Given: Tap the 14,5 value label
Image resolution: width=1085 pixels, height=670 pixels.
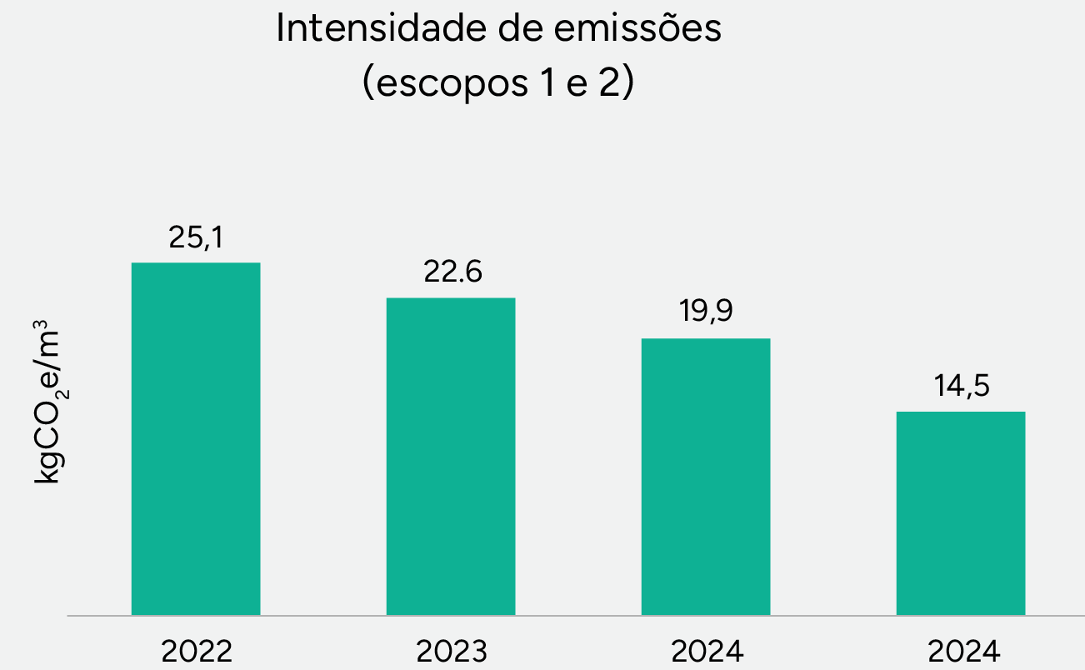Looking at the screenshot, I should click(x=961, y=387).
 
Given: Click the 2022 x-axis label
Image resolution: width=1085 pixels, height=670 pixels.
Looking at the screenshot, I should click(x=196, y=651).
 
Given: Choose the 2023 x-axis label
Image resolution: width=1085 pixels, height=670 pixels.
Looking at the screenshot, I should click(x=451, y=651).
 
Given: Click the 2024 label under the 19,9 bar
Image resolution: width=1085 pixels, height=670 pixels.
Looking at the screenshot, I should click(x=707, y=651).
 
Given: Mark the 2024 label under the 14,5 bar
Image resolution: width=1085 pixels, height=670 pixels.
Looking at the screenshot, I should click(x=961, y=651).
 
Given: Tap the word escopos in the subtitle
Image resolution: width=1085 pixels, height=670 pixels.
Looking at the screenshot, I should click(x=442, y=84).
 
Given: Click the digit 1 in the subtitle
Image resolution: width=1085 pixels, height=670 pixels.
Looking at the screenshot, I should click(x=542, y=84).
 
